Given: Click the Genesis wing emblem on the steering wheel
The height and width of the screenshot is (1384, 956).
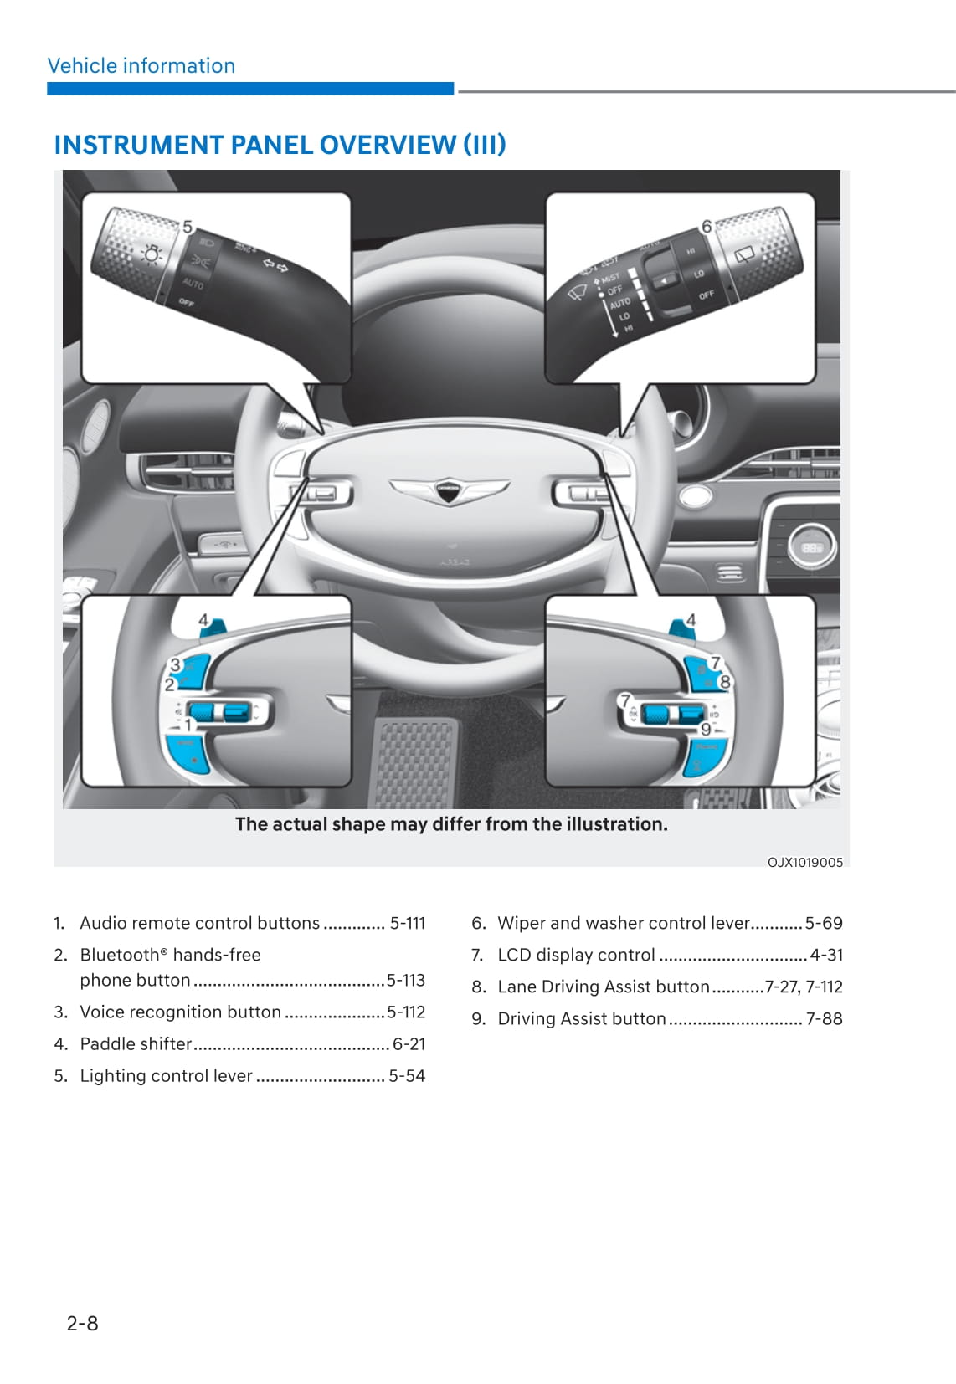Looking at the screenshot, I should [x=449, y=490].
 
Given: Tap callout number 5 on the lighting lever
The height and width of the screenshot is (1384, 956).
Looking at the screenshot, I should [x=188, y=227].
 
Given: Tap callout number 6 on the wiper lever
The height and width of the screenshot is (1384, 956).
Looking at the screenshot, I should [x=707, y=226].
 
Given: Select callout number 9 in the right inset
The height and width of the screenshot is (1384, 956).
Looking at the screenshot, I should [x=706, y=729].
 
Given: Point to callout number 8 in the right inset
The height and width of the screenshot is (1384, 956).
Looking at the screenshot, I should [x=725, y=682].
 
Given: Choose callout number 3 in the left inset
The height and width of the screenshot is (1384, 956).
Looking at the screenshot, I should [x=175, y=665].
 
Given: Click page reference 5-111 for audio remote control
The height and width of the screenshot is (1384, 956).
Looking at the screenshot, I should [x=408, y=923].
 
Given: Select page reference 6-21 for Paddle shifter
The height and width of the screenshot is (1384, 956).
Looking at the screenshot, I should [x=409, y=1043].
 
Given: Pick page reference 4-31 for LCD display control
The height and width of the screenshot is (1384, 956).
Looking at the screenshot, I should [x=826, y=955].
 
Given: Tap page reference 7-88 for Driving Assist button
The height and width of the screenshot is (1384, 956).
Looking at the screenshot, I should [x=824, y=1018].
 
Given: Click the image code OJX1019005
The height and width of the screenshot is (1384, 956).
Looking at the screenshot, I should [x=805, y=862].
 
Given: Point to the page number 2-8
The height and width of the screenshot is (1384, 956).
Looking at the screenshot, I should [x=82, y=1323].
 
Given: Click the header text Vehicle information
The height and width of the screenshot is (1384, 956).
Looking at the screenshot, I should [x=141, y=65].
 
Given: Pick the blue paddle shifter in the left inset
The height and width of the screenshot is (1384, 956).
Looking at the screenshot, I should [x=216, y=625].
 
